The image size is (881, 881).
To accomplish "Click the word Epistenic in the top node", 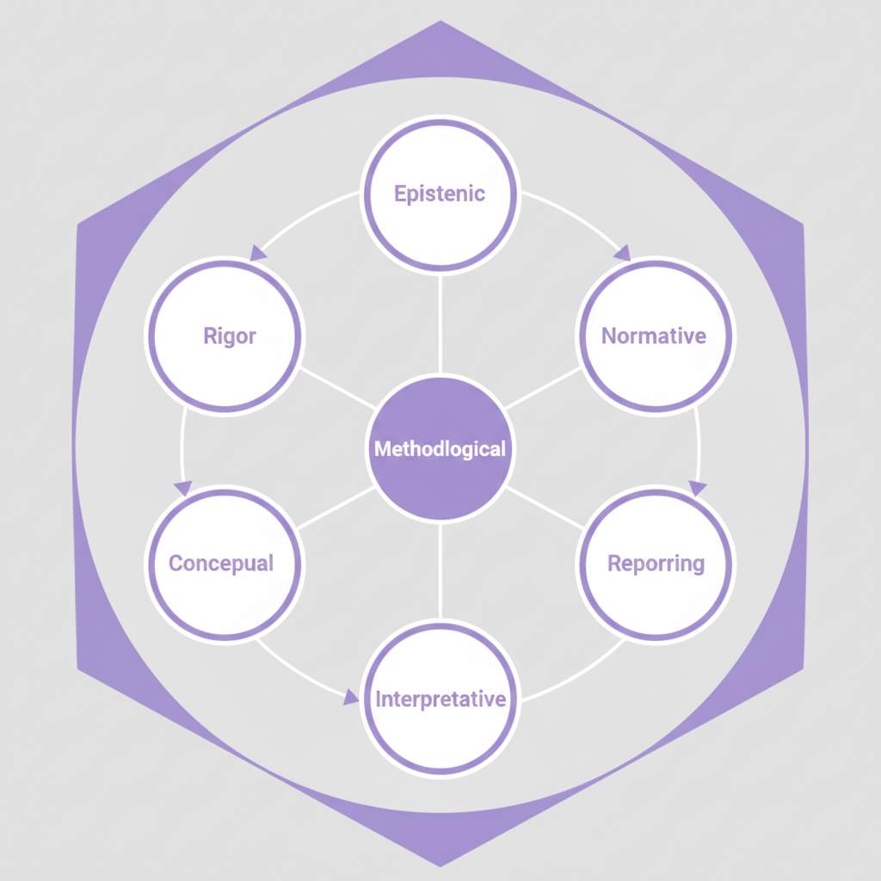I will (440, 194).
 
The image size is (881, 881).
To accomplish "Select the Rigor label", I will (230, 336).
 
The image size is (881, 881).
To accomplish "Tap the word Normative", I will (654, 336).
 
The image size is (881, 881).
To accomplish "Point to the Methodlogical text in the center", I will (440, 448).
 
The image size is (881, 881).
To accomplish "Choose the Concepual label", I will (221, 564).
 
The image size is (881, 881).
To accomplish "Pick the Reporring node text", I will (656, 564).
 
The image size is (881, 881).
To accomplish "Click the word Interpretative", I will (440, 699).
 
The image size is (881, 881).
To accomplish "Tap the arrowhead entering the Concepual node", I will (183, 488).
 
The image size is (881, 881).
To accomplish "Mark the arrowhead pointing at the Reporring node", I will (697, 488).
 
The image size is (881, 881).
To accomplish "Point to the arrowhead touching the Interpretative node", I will (351, 697).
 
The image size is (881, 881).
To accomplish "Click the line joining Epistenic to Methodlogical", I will (440, 323).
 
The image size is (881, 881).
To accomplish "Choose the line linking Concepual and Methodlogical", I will (336, 508).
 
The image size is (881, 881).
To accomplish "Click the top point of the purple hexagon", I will (440, 23).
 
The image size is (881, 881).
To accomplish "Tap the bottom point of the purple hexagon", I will (440, 863).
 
